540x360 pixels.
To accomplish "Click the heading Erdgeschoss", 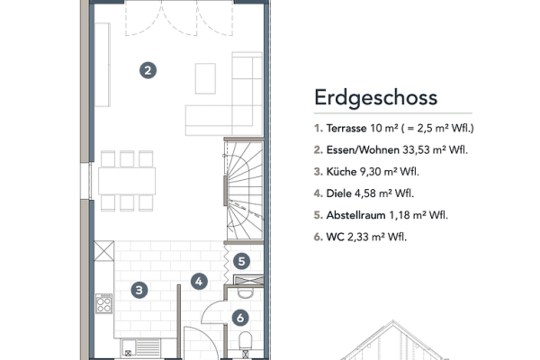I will tap(375, 97).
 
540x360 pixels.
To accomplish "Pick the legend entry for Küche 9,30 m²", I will tap(370, 171).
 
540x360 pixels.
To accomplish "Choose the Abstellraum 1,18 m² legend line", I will tap(381, 215).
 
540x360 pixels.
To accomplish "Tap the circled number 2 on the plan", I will tap(148, 68).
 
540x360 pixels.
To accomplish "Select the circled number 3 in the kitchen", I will tap(139, 290).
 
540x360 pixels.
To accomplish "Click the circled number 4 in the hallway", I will tap(201, 280).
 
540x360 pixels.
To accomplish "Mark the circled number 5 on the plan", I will tap(241, 261).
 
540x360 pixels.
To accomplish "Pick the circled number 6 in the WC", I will tap(240, 317).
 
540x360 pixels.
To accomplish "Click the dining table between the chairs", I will tap(127, 181).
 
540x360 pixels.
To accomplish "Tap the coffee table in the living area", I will tap(206, 76).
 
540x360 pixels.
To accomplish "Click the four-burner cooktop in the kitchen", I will tap(103, 303).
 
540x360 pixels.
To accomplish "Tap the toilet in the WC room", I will tap(247, 339).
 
